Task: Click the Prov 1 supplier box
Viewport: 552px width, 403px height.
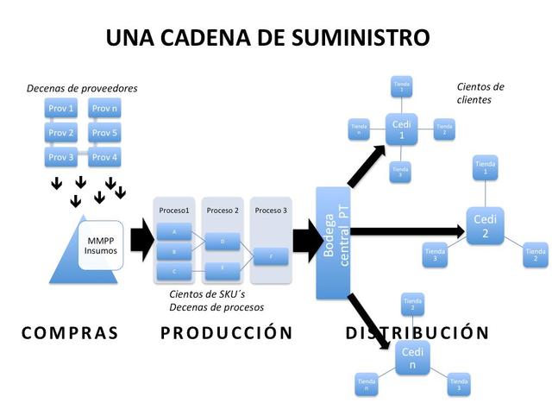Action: pyautogui.click(x=60, y=109)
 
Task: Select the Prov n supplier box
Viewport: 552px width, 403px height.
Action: pyautogui.click(x=104, y=109)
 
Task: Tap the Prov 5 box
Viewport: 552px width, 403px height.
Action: pyautogui.click(x=104, y=133)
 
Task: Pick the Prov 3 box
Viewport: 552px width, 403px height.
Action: pyautogui.click(x=60, y=157)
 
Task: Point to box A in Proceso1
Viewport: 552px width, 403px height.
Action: pyautogui.click(x=175, y=233)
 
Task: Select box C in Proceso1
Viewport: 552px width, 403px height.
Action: pyautogui.click(x=175, y=271)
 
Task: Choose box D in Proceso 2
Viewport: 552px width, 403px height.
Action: pyautogui.click(x=223, y=242)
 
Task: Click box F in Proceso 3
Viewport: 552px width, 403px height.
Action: pyautogui.click(x=272, y=256)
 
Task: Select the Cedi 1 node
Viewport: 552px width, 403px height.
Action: pyautogui.click(x=400, y=130)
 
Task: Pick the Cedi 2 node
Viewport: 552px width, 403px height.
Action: pyautogui.click(x=485, y=226)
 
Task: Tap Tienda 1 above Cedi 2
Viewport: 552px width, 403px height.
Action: pyautogui.click(x=486, y=167)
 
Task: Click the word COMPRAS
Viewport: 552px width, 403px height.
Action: pyautogui.click(x=69, y=332)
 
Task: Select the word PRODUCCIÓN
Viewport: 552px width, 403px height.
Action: pyautogui.click(x=226, y=332)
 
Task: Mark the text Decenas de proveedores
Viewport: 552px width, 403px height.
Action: pyautogui.click(x=82, y=88)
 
